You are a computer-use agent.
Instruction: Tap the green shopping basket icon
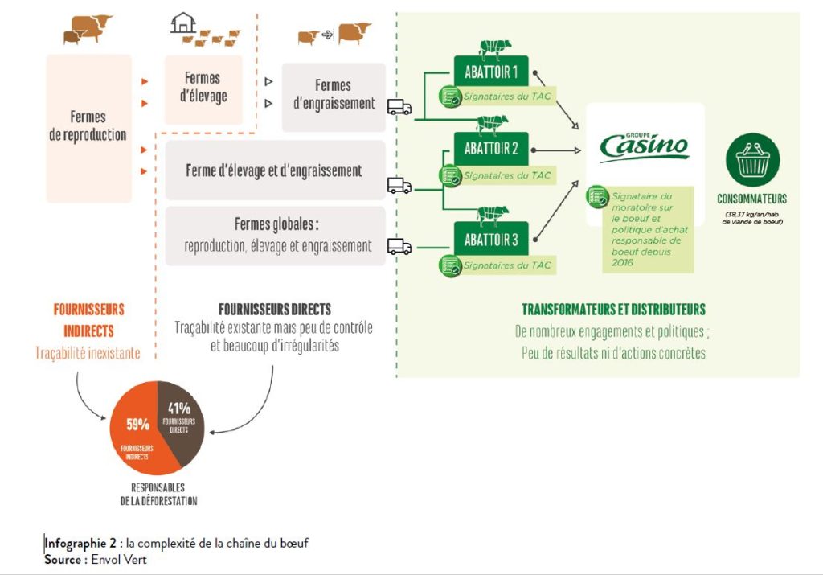[x=752, y=162]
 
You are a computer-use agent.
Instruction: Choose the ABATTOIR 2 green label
[x=490, y=149]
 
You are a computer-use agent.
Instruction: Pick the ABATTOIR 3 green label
[x=490, y=239]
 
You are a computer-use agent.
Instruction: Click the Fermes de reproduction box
[x=88, y=127]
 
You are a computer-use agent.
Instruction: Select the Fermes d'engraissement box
[x=333, y=95]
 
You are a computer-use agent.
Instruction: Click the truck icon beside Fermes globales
[x=399, y=245]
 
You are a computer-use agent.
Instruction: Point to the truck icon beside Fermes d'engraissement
[x=399, y=107]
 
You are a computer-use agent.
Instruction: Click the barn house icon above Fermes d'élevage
[x=183, y=23]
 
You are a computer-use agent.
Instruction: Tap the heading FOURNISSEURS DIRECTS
[x=274, y=310]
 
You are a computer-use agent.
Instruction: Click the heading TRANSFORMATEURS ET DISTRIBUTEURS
[x=613, y=310]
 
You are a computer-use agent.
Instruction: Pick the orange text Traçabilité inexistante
[x=88, y=352]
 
